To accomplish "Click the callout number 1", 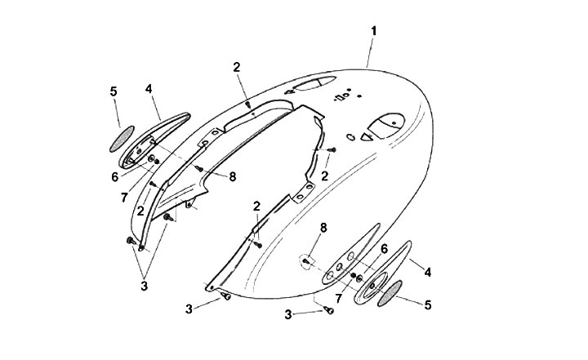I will pos(373,30).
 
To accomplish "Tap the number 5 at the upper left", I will pos(114,91).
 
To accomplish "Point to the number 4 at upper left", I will pos(149,87).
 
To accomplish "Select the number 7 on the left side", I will pos(125,196).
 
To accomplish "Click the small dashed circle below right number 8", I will pos(306,261).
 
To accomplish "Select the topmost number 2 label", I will pos(236,68).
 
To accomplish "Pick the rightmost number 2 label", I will pos(325,176).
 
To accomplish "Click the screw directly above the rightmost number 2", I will pos(332,150).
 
